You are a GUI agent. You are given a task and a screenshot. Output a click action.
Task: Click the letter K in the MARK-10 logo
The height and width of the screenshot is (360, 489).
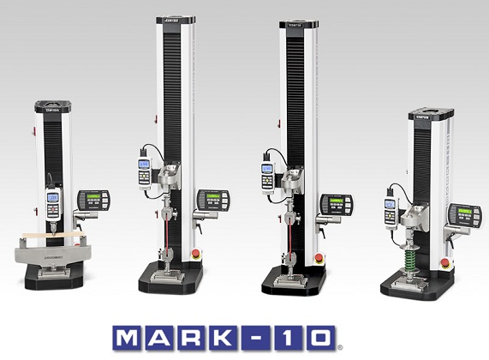(242, 336)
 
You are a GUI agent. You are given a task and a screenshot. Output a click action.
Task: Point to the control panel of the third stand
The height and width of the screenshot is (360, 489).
(335, 205)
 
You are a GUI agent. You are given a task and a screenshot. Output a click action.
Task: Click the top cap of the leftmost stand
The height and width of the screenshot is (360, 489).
(52, 106)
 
